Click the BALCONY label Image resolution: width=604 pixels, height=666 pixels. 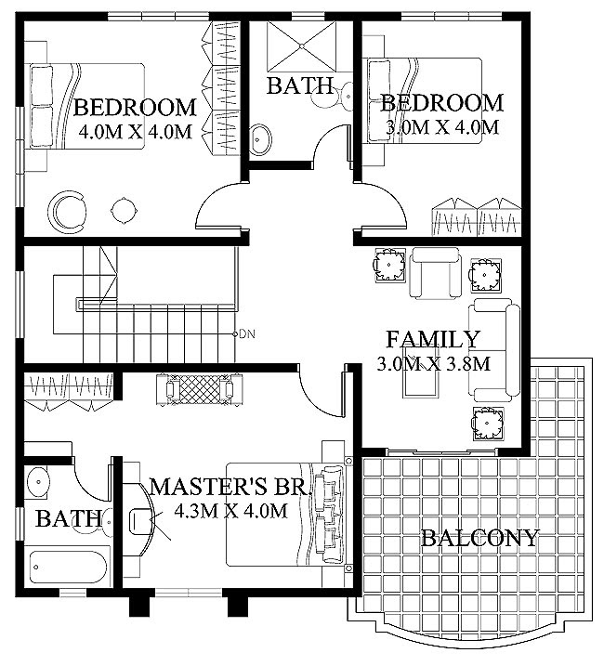(479, 538)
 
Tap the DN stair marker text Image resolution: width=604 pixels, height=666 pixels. (247, 334)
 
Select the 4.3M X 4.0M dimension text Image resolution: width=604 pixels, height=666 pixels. (230, 511)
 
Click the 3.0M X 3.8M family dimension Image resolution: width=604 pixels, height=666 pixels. (434, 363)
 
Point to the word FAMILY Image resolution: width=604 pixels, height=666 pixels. (433, 339)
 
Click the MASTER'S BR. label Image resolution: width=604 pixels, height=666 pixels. (230, 487)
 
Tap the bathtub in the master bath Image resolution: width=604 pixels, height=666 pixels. (67, 568)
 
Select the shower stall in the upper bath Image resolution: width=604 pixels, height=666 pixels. (301, 46)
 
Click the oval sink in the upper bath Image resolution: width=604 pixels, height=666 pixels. (260, 139)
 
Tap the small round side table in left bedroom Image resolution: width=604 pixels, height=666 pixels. (125, 211)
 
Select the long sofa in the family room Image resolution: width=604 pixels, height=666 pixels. (494, 350)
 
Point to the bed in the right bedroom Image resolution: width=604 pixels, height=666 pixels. (425, 100)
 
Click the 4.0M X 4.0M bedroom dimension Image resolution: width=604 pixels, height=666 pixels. (136, 132)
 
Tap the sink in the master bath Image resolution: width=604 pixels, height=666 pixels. (38, 482)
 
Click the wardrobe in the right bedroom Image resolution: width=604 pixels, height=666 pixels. (477, 217)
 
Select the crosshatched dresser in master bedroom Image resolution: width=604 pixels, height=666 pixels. (200, 388)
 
